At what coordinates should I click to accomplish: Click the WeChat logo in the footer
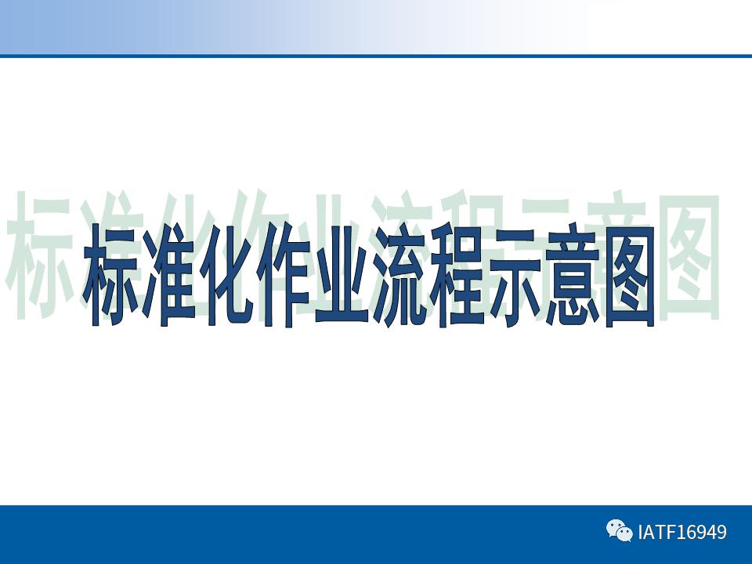coord(619,532)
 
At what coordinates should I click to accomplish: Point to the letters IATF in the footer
coord(656,533)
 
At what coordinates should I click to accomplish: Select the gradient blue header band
coord(235,27)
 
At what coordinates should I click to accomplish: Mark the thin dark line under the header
coord(376,56)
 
